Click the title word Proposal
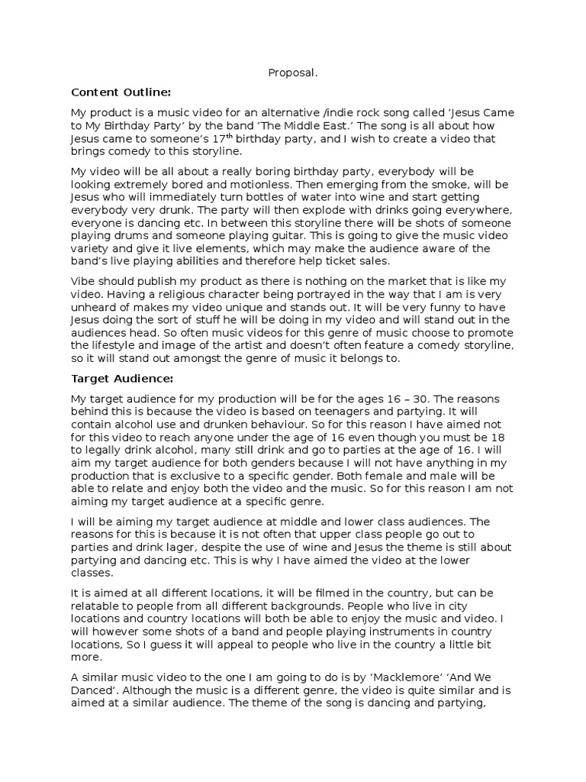point(292,73)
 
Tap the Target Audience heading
point(122,378)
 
